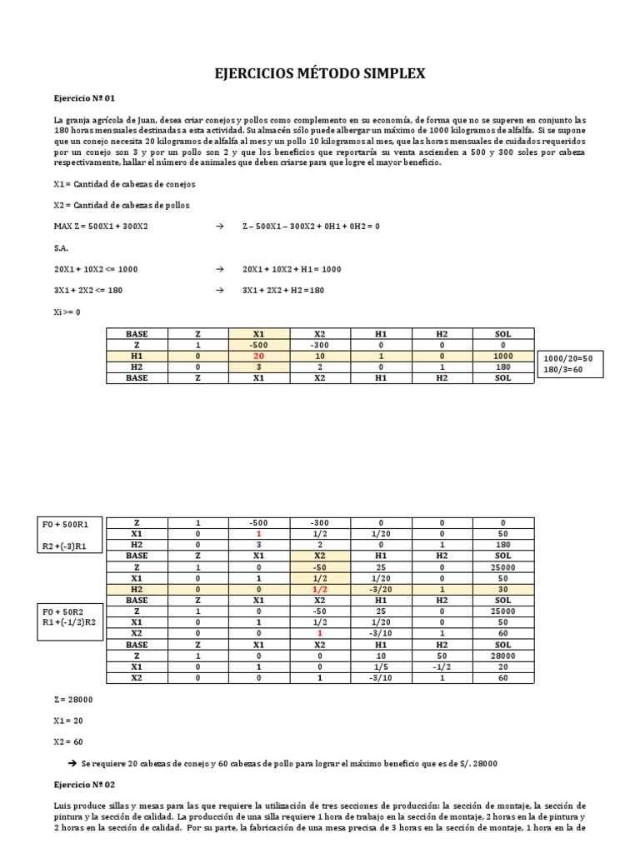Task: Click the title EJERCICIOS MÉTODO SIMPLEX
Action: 321,74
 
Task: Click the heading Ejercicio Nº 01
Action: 82,97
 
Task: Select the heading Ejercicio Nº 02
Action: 82,785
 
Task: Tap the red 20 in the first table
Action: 258,356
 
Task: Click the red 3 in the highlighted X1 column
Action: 258,367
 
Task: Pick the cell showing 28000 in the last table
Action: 502,656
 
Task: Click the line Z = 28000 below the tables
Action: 72,700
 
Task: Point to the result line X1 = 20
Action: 68,721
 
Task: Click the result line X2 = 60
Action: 68,741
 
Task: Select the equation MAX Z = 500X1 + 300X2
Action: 102,227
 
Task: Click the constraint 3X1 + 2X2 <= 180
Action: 96,290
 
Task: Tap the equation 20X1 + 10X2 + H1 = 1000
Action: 292,269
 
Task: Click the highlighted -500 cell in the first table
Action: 258,345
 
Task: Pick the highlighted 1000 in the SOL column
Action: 502,356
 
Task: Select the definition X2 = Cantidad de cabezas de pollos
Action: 121,205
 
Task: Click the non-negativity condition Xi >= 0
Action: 67,312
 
